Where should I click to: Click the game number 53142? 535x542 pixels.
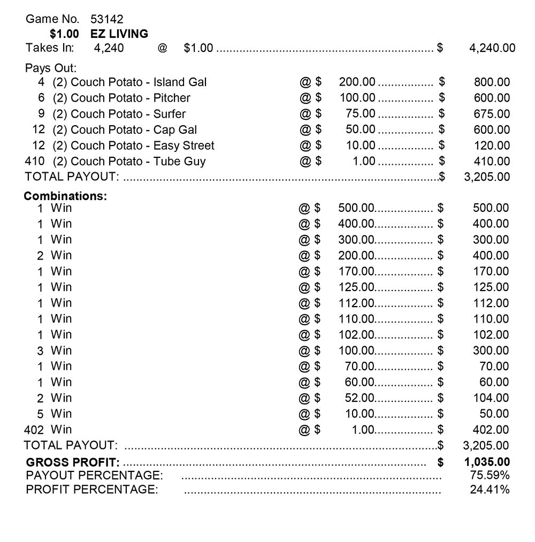click(x=107, y=19)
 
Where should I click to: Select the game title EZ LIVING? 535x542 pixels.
click(x=119, y=34)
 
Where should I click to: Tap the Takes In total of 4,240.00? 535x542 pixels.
click(x=492, y=48)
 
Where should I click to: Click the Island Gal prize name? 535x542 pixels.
click(x=180, y=82)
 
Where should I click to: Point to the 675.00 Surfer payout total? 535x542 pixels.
click(x=492, y=114)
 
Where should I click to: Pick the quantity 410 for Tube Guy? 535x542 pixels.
click(x=35, y=161)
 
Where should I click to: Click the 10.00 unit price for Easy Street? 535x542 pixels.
click(x=361, y=146)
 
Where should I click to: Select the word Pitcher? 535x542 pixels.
click(x=172, y=98)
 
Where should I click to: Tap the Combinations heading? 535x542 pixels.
click(x=65, y=196)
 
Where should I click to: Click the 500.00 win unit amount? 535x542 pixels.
click(x=356, y=208)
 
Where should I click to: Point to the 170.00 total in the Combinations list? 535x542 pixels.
click(x=491, y=271)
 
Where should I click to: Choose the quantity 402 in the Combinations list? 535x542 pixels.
click(x=35, y=430)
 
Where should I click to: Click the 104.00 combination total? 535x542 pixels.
click(x=491, y=398)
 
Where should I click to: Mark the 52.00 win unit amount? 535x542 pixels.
click(x=360, y=398)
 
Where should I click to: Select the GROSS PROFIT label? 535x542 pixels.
click(x=73, y=463)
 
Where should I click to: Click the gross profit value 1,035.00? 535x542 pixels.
click(x=487, y=462)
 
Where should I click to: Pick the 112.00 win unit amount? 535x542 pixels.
click(x=356, y=303)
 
